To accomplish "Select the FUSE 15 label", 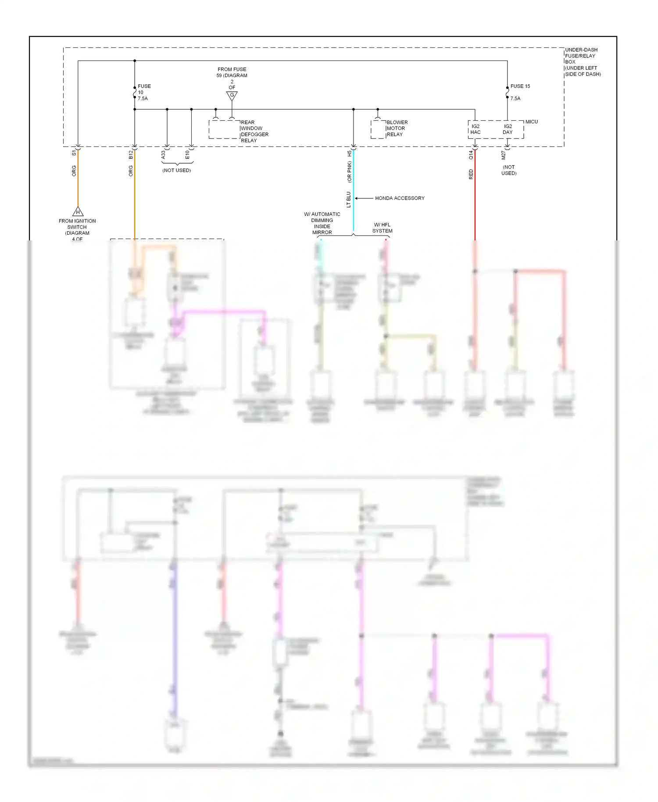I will point(520,86).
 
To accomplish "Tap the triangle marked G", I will point(232,96).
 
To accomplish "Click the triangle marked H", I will point(78,211).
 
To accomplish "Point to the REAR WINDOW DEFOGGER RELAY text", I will point(254,131).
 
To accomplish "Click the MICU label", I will point(531,122).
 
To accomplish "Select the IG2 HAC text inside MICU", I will point(476,129).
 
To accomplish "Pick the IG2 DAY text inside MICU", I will point(508,129).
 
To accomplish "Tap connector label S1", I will point(74,153).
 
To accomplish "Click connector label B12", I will point(131,154).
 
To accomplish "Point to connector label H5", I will point(350,154).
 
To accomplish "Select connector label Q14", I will point(471,154).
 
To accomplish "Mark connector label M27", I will point(504,155).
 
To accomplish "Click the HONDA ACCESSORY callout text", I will point(400,198).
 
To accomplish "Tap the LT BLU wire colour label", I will point(349,200).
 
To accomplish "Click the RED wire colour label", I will point(471,174).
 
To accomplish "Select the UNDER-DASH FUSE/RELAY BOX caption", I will point(583,62).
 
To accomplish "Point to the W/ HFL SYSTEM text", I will point(383,228).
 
